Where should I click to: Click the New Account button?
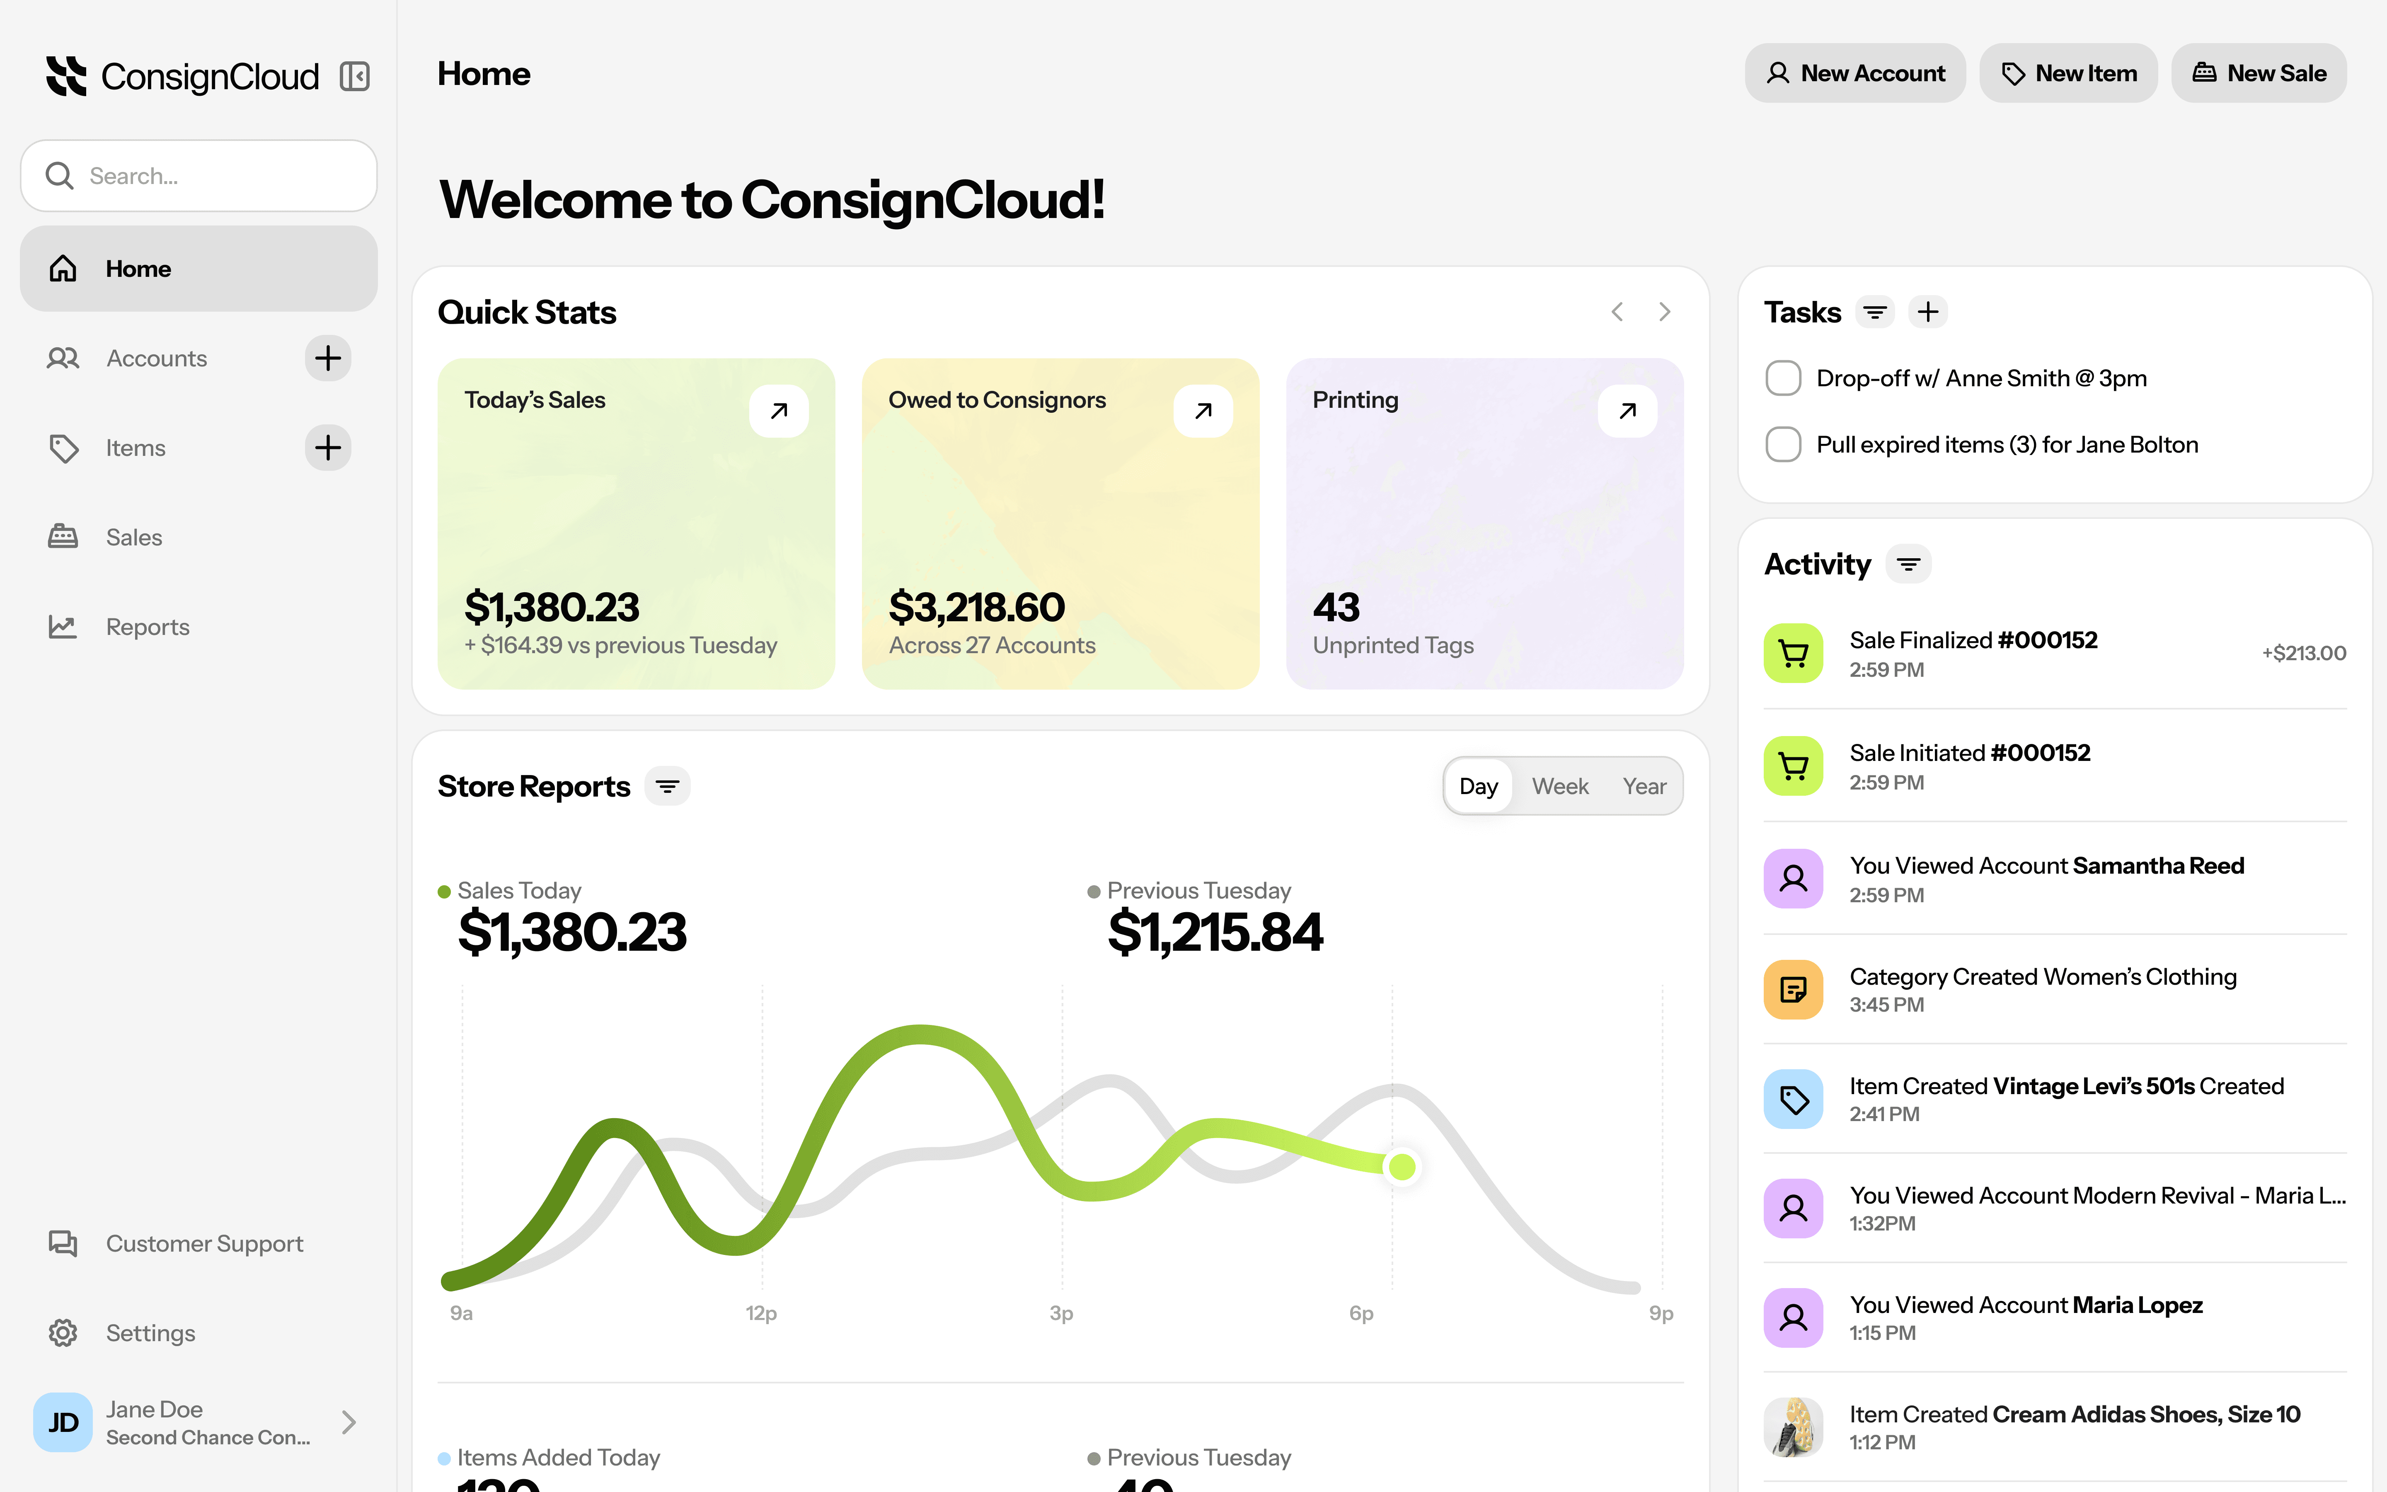(x=1854, y=73)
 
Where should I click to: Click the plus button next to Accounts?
(x=327, y=358)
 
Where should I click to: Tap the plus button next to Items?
(x=327, y=448)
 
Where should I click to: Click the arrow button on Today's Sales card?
(x=778, y=410)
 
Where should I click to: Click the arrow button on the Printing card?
(x=1627, y=410)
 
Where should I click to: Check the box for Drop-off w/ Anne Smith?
(x=1782, y=378)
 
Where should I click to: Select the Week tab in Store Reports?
(x=1559, y=787)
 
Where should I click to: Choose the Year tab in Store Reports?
(x=1643, y=787)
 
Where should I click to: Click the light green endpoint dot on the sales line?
(x=1402, y=1167)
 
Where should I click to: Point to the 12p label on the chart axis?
(x=760, y=1313)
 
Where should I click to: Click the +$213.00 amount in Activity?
(x=2303, y=653)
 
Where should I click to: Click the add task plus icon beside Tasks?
(x=1927, y=312)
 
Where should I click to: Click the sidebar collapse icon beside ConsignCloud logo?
(x=354, y=76)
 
